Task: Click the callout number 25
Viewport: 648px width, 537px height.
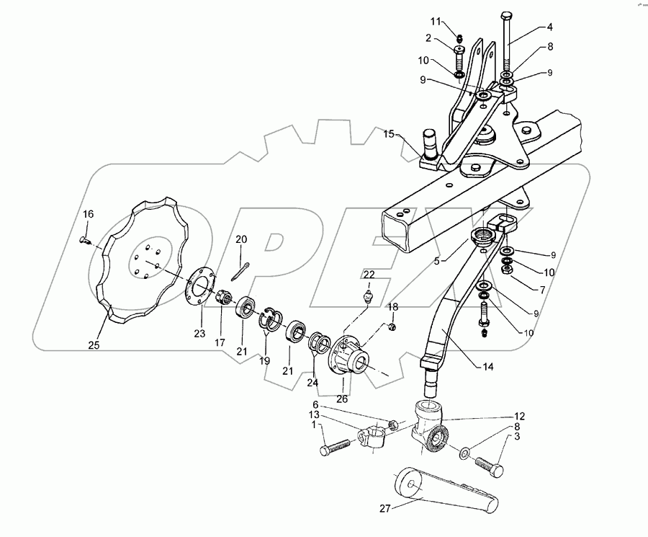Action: click(x=94, y=345)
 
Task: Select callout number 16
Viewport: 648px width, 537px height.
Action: click(x=88, y=214)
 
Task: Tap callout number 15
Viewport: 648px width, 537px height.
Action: click(x=389, y=135)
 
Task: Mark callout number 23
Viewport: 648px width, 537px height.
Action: click(x=199, y=334)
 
